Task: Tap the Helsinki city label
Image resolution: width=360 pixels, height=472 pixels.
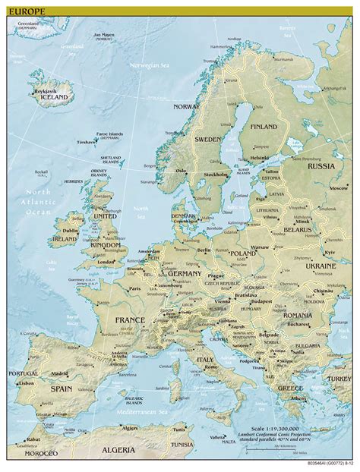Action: (260, 158)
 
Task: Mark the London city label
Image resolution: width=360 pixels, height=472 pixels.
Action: (107, 263)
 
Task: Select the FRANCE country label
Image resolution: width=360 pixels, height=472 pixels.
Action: (129, 320)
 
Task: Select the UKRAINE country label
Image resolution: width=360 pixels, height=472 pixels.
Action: (320, 266)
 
